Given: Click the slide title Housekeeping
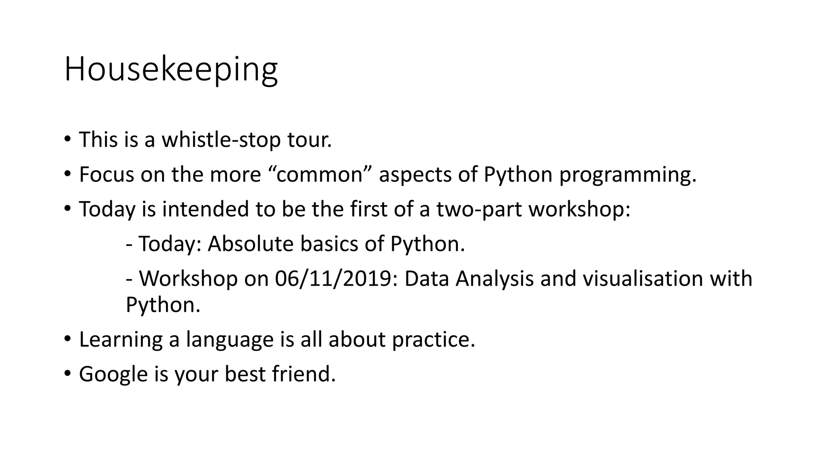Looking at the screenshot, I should click(x=171, y=70).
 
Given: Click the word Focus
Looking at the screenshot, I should click(x=106, y=175).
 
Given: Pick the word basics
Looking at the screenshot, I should click(x=329, y=244).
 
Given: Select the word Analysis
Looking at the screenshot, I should click(x=494, y=279).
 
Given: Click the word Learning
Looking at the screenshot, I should click(x=121, y=339).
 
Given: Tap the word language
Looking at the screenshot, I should click(x=230, y=339).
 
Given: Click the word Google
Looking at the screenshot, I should click(x=113, y=374).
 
